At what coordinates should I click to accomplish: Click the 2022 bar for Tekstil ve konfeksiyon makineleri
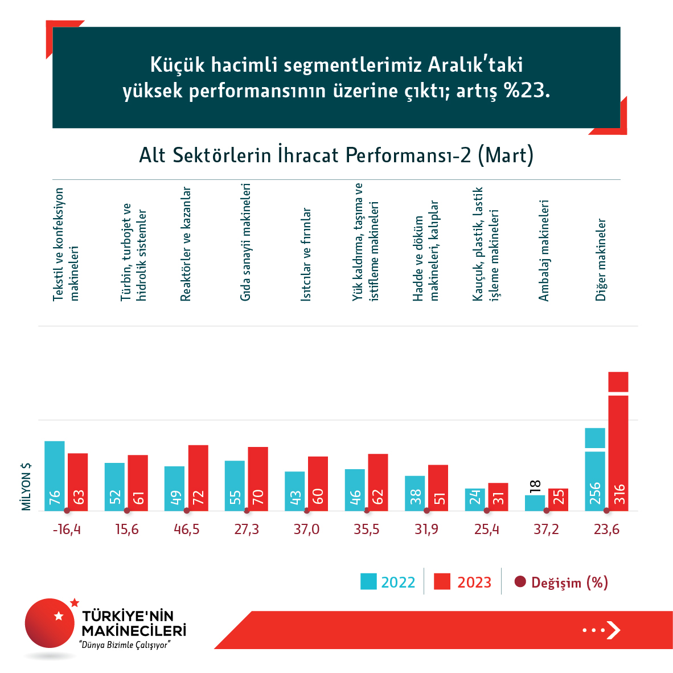tap(55, 475)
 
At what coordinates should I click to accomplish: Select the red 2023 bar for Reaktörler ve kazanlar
tap(198, 478)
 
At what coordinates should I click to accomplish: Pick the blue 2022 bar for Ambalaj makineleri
tap(535, 503)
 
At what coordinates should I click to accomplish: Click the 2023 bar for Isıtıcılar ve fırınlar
tap(318, 483)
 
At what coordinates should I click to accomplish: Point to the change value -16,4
tap(67, 530)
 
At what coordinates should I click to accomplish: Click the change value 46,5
tap(187, 530)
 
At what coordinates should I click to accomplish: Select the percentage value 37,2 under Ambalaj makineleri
tap(547, 530)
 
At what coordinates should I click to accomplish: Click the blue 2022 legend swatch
tap(368, 581)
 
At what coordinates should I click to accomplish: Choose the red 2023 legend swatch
tap(442, 581)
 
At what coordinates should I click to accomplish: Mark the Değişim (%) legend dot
tap(520, 582)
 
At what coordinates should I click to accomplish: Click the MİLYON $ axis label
tap(26, 486)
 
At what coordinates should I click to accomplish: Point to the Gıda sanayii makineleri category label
tap(245, 242)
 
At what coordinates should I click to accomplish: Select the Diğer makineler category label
tap(601, 260)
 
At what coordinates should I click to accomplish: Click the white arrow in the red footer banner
tap(613, 630)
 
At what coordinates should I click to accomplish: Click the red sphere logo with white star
tap(50, 623)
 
